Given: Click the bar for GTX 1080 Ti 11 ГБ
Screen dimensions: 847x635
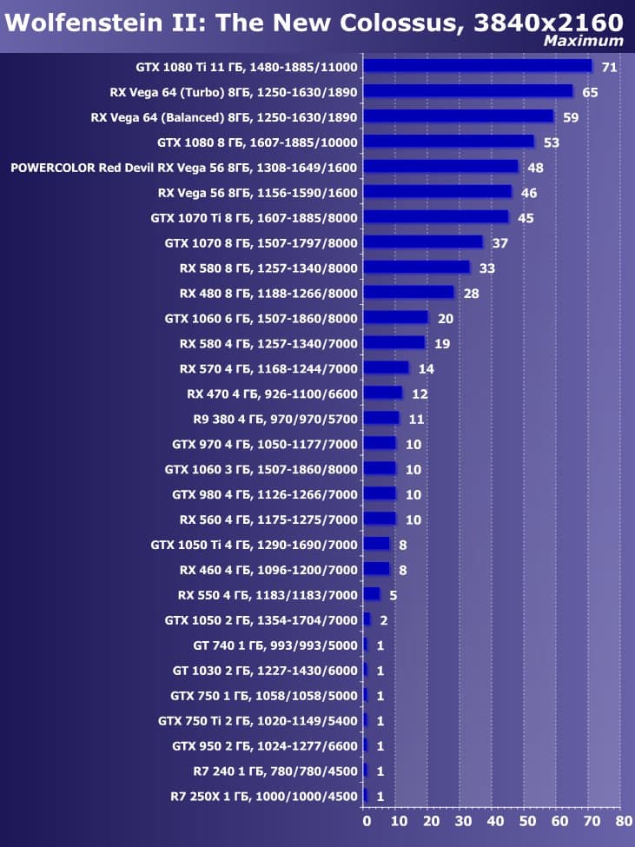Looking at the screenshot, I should [x=477, y=66].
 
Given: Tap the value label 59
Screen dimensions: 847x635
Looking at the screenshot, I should [x=571, y=116].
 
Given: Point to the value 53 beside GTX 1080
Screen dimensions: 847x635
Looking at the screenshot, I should [x=551, y=142].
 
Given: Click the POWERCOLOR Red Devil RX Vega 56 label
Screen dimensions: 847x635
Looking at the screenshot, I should [x=184, y=167].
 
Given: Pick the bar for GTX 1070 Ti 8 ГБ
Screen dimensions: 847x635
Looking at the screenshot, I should [x=435, y=217].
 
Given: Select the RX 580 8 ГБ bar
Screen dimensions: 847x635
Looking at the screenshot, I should [x=416, y=268].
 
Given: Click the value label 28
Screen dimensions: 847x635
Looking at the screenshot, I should [x=472, y=293].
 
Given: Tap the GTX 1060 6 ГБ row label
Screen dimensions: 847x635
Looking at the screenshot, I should [x=261, y=318].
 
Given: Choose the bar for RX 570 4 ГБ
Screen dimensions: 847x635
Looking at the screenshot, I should [x=386, y=368].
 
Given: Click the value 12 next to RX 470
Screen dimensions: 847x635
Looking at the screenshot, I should [x=420, y=394].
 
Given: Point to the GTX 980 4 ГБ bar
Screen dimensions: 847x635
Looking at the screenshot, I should [x=380, y=494].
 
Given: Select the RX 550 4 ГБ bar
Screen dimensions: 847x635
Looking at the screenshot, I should [x=372, y=595].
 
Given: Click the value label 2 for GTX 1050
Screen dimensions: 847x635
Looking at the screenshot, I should [x=383, y=620].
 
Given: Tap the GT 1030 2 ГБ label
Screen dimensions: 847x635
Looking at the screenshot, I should [x=265, y=671].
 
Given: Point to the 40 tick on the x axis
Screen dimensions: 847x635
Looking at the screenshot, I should [x=494, y=821].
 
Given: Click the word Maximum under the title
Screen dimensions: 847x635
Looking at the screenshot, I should [x=583, y=41].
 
